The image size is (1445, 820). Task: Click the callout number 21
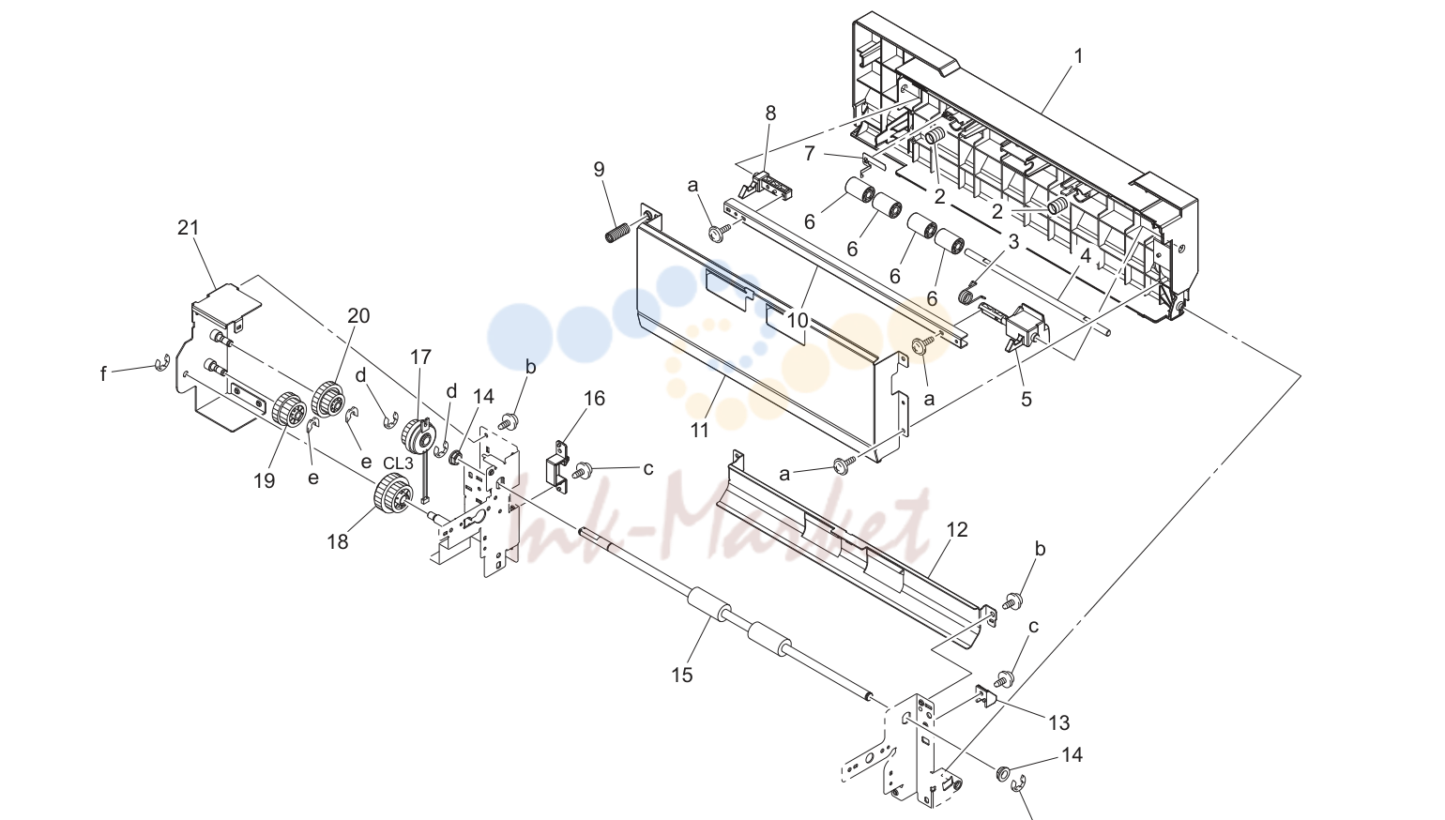pos(189,228)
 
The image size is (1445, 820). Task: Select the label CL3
pos(398,463)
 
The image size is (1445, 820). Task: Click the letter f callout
pos(103,374)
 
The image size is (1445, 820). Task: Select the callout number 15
pos(682,676)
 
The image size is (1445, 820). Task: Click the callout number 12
pos(957,530)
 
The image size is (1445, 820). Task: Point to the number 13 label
pos(1059,723)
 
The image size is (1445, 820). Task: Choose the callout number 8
pos(770,113)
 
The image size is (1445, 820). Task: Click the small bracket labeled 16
pos(556,465)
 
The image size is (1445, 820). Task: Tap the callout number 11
pos(700,430)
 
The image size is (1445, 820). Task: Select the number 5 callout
pos(1027,400)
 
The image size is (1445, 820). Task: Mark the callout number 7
pos(810,154)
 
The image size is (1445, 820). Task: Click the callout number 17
pos(420,357)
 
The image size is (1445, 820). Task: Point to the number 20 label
pos(358,316)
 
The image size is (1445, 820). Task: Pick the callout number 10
pos(798,320)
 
